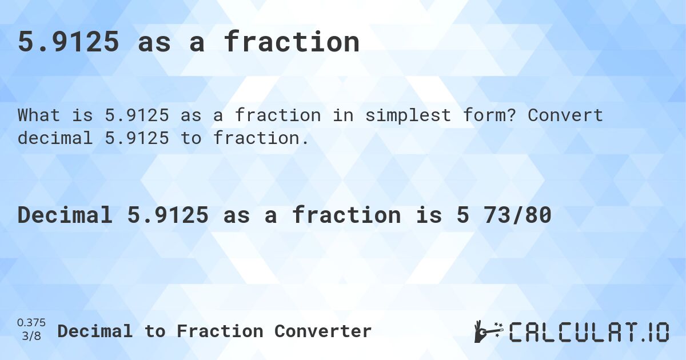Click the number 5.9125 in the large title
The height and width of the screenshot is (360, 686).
[x=69, y=42]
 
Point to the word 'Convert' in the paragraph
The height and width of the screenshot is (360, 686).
[x=565, y=115]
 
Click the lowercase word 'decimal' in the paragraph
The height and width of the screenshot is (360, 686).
[x=54, y=138]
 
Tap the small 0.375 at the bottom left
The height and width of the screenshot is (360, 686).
[x=31, y=323]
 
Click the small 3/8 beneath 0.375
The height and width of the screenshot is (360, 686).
[x=31, y=337]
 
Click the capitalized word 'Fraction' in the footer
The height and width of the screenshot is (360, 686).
[x=220, y=331]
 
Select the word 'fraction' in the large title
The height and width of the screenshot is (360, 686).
[x=292, y=42]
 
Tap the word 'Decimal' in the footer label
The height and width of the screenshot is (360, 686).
[x=95, y=331]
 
